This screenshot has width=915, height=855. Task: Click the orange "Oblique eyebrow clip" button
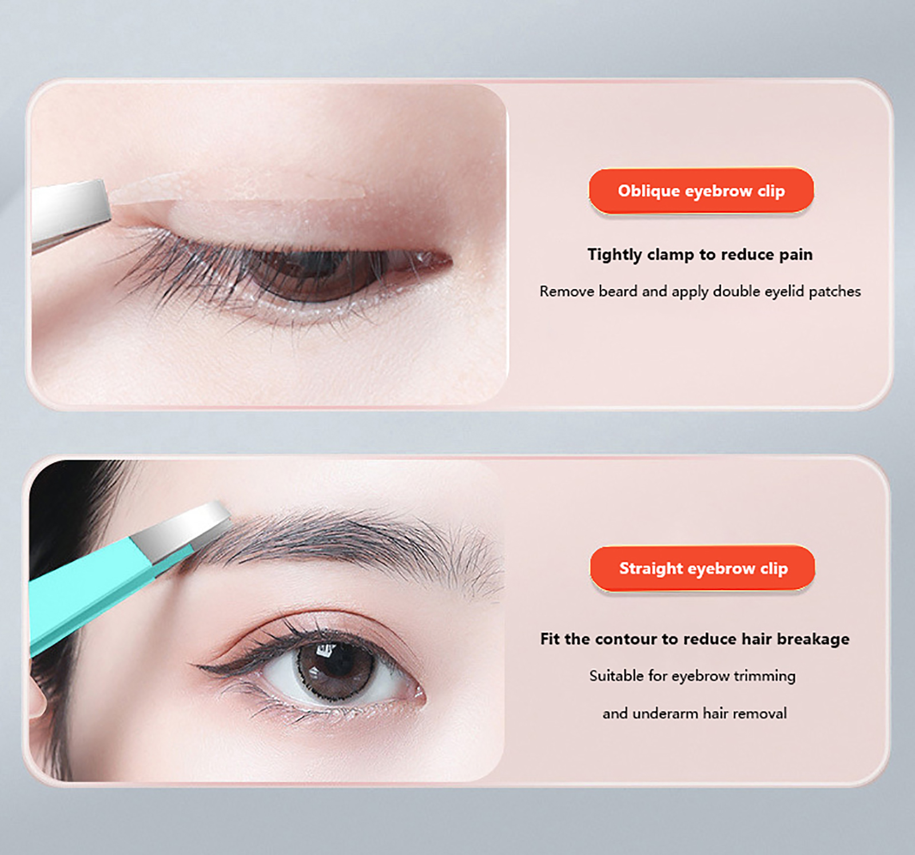[701, 191]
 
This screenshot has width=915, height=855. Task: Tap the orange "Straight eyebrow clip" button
[703, 568]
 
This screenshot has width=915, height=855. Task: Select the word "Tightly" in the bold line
[615, 254]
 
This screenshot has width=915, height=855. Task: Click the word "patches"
[835, 292]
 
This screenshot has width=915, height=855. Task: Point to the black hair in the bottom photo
[63, 515]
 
